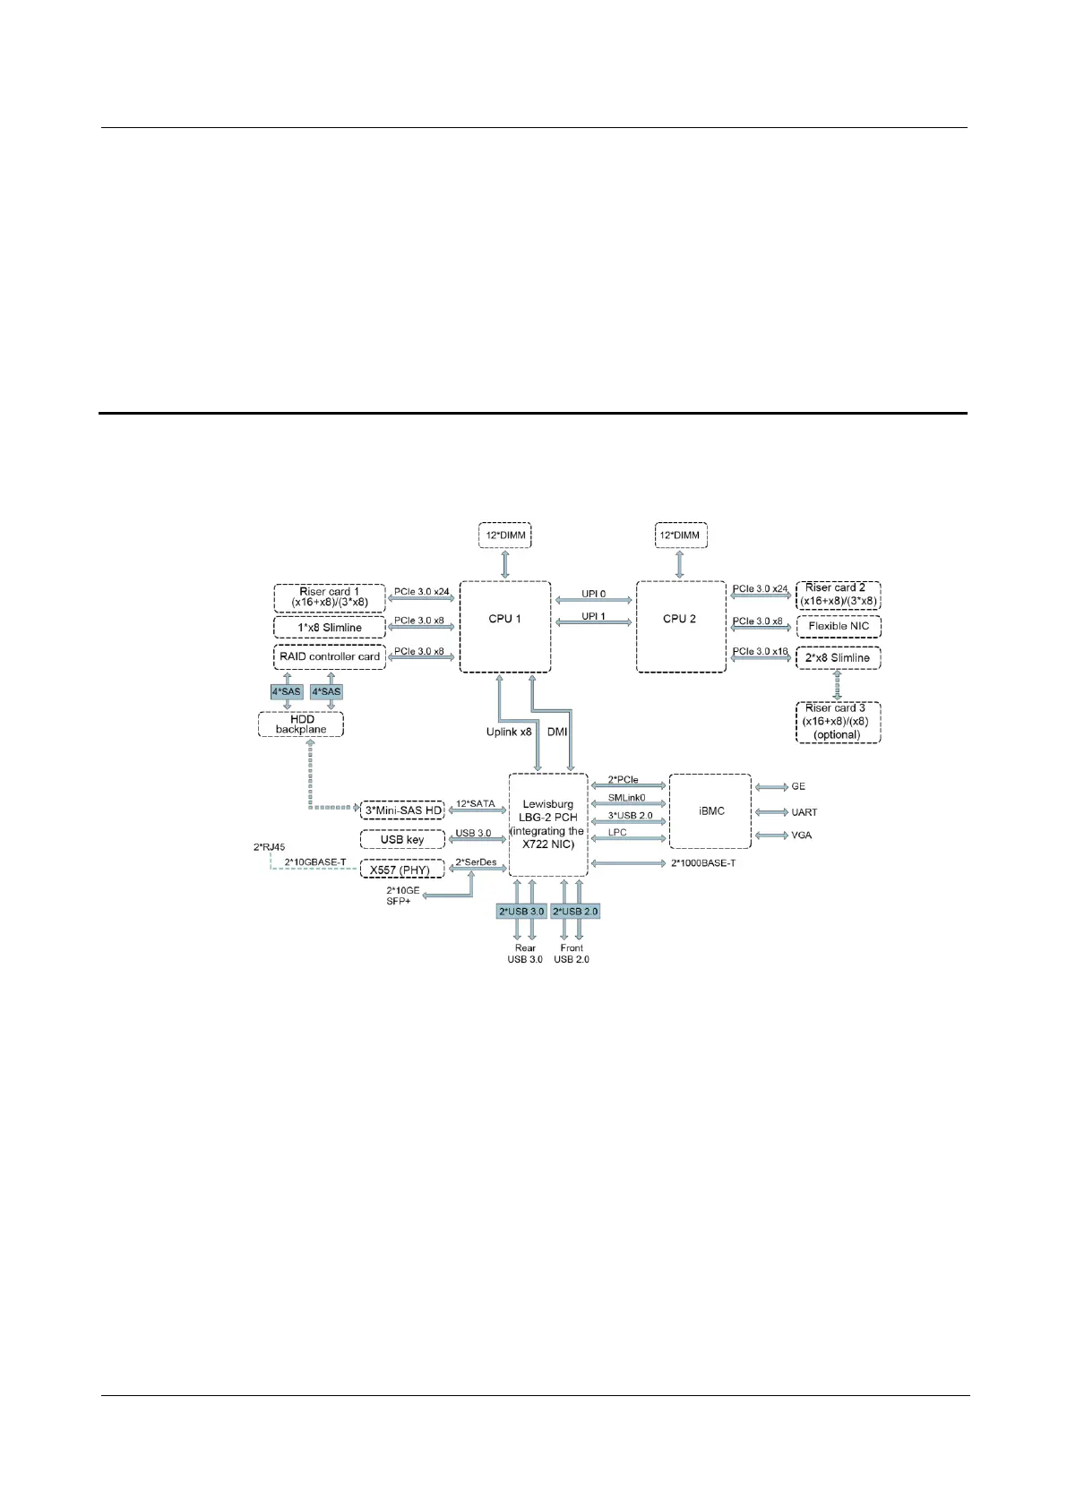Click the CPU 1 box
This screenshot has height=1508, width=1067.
pos(504,626)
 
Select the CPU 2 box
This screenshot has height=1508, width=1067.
pos(680,626)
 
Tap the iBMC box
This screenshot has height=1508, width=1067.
pos(710,811)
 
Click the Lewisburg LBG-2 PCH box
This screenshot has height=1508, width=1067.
pos(548,825)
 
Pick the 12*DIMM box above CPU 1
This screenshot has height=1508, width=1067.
pos(504,536)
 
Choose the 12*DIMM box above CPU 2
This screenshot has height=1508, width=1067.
pos(680,536)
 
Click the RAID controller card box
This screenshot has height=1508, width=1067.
pos(330,656)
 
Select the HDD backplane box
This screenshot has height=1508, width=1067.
pos(301,724)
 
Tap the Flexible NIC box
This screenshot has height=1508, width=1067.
pos(839,626)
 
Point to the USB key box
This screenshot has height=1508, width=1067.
pos(402,840)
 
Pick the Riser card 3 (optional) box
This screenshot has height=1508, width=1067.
pos(838,722)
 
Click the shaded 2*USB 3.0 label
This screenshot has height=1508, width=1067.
pos(521,912)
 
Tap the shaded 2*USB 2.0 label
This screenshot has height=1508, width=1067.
pos(575,912)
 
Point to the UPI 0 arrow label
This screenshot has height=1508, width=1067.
pos(593,594)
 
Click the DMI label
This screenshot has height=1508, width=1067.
pos(557,732)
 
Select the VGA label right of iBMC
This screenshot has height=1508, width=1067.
pos(801,835)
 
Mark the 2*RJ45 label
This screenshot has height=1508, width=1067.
pos(270,847)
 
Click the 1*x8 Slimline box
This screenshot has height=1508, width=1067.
pos(330,628)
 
